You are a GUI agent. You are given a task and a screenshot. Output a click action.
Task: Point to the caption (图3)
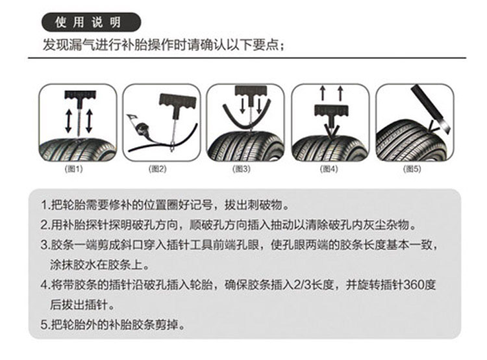point(242,168)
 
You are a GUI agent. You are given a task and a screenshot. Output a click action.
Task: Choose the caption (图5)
point(412,168)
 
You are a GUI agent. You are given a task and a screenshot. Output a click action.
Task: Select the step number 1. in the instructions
point(44,207)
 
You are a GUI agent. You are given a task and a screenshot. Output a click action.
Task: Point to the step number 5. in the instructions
point(45,324)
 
